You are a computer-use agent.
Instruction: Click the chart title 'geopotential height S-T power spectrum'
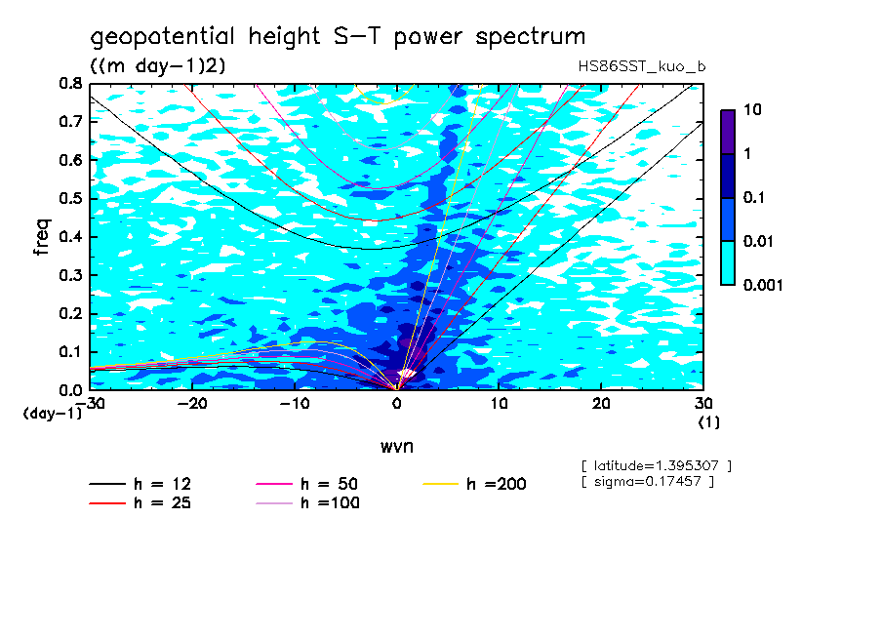(x=338, y=37)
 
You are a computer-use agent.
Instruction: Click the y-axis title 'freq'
(x=41, y=236)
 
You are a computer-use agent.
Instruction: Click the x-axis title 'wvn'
(x=396, y=447)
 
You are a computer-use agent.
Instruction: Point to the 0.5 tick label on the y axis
(x=69, y=199)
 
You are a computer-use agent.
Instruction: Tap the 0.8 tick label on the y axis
(x=69, y=84)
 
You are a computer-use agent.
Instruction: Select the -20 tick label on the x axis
(x=191, y=403)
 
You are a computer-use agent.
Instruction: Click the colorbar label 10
(x=752, y=110)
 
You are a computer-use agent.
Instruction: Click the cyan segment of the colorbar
(x=727, y=262)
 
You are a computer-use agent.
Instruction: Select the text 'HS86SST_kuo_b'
(x=641, y=65)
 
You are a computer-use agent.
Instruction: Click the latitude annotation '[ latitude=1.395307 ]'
(x=656, y=465)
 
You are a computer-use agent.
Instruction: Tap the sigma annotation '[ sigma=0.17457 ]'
(x=647, y=481)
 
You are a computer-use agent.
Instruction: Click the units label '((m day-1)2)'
(x=158, y=65)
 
